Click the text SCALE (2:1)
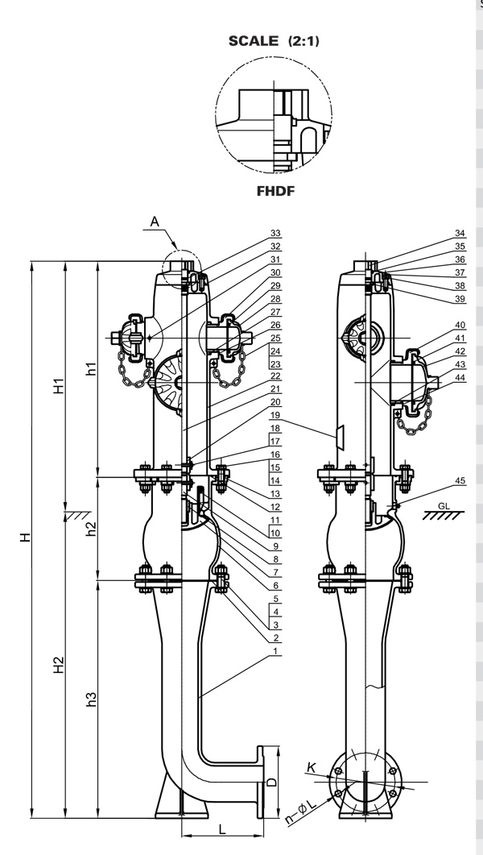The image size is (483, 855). (274, 41)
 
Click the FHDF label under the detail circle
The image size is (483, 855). (274, 193)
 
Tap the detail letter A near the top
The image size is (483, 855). (155, 221)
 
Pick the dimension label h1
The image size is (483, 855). (92, 368)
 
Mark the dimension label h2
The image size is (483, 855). (92, 528)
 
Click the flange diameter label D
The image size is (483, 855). (271, 782)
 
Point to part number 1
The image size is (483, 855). (275, 651)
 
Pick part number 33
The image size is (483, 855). (275, 234)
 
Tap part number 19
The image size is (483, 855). (275, 413)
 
